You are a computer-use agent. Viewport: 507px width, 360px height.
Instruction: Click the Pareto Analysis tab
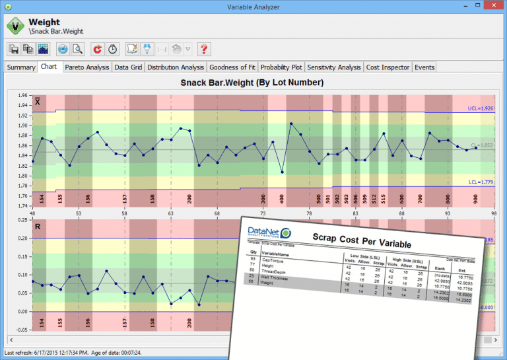pyautogui.click(x=88, y=67)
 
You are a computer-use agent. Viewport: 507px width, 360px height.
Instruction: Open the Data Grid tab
pyautogui.click(x=129, y=67)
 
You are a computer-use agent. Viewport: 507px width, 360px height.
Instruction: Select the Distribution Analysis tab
pyautogui.click(x=176, y=67)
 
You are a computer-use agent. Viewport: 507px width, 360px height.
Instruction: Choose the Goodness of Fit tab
pyautogui.click(x=232, y=67)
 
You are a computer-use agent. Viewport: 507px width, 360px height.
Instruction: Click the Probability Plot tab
pyautogui.click(x=281, y=67)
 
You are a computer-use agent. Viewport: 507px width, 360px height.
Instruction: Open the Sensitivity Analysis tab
pyautogui.click(x=335, y=67)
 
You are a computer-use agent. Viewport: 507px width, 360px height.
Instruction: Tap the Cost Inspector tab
pyautogui.click(x=388, y=67)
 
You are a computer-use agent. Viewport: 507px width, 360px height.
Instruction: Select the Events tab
pyautogui.click(x=424, y=67)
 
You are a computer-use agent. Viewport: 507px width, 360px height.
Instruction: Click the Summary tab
pyautogui.click(x=20, y=67)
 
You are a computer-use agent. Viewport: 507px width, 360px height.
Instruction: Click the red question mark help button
pyautogui.click(x=204, y=49)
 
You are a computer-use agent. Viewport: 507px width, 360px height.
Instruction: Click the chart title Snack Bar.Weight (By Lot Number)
pyautogui.click(x=252, y=83)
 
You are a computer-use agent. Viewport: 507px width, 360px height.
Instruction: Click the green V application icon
pyautogui.click(x=15, y=26)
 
